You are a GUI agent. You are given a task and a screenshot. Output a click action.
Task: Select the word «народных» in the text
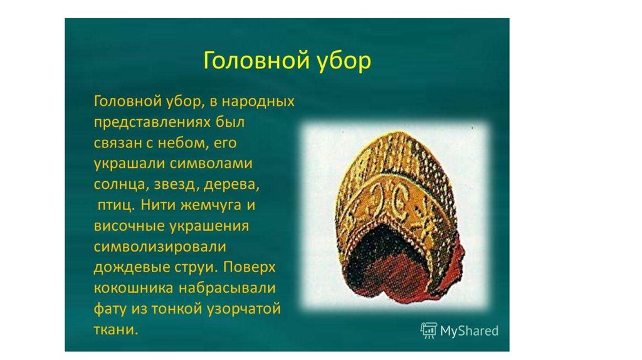tap(258, 101)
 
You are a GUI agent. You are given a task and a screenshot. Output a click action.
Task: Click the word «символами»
tap(211, 164)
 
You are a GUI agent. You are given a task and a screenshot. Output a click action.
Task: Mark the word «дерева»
tap(231, 185)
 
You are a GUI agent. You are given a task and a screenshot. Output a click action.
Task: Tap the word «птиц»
tap(116, 206)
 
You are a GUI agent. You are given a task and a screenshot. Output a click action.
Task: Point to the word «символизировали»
tap(160, 247)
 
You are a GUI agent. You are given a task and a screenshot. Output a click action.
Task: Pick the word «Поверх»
tap(250, 267)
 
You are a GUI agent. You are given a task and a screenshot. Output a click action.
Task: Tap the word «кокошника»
tap(134, 288)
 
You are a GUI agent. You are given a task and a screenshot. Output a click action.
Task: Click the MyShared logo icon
tap(429, 330)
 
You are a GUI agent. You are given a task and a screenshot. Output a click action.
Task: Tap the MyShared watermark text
tap(469, 331)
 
